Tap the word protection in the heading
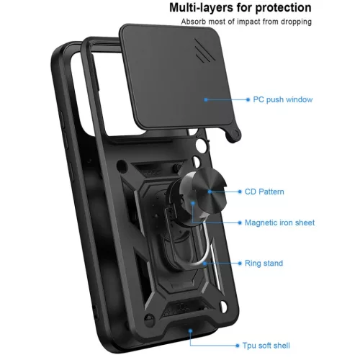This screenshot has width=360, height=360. point(283,8)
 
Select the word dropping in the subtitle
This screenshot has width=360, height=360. point(296,22)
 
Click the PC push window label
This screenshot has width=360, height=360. point(283,99)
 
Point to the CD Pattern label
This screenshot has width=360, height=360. point(264,192)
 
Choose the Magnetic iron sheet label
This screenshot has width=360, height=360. point(279,222)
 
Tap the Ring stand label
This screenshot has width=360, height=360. point(264,264)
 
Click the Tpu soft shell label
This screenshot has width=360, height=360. point(266,346)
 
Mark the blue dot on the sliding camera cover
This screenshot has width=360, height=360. point(206,99)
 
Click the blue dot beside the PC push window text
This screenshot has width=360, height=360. point(248,99)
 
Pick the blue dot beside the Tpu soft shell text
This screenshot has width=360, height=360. point(238,346)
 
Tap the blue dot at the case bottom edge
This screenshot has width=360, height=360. point(190,331)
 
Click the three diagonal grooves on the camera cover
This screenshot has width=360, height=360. point(204,51)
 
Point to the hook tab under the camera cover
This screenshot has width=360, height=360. point(233,135)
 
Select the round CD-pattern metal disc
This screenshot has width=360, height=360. point(210,191)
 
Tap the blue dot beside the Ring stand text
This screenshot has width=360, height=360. point(240,264)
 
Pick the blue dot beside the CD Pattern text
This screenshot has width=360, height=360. point(240,192)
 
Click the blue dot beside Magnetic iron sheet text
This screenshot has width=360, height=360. point(240,222)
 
